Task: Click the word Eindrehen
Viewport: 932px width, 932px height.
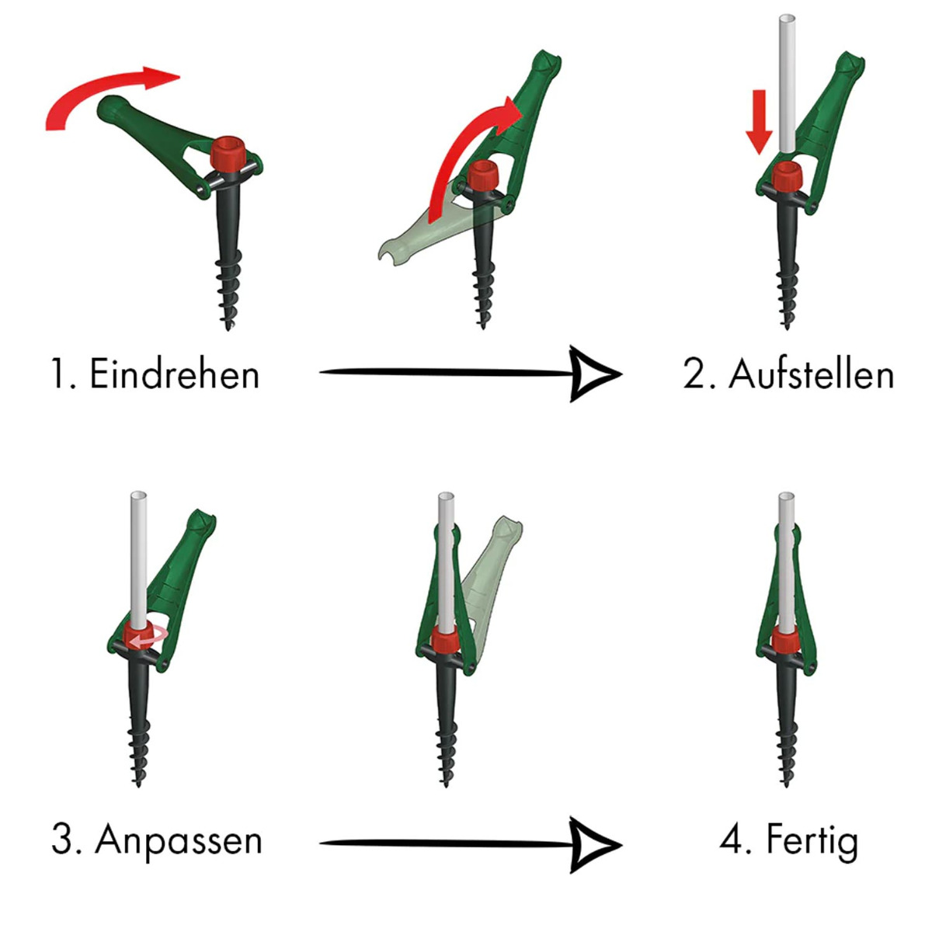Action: pyautogui.click(x=174, y=374)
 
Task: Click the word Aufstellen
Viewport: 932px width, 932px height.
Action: pyautogui.click(x=811, y=374)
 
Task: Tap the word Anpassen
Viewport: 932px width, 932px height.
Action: pyautogui.click(x=179, y=840)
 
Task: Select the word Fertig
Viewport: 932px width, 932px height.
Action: pyautogui.click(x=812, y=840)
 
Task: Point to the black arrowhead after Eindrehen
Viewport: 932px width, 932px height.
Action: pyautogui.click(x=594, y=374)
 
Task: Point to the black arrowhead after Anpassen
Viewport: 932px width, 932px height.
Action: pyautogui.click(x=594, y=843)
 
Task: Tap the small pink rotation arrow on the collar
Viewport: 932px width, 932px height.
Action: pyautogui.click(x=148, y=638)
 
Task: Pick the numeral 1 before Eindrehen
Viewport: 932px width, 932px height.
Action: pyautogui.click(x=57, y=374)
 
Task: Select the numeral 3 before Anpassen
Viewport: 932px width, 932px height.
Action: pyautogui.click(x=62, y=840)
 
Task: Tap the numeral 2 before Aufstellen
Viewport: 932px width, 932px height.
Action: pyautogui.click(x=694, y=374)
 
